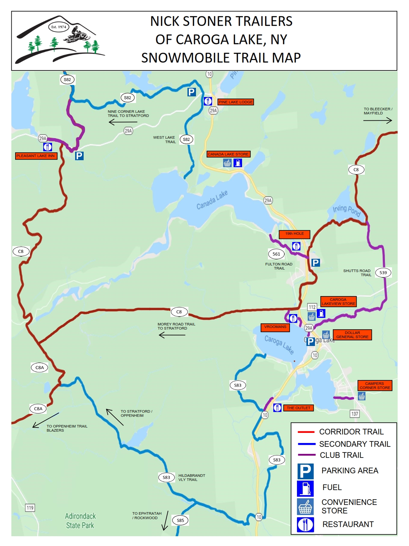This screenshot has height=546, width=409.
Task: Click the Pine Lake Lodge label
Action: tap(236, 102)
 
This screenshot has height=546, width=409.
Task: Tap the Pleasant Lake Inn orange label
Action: tap(36, 156)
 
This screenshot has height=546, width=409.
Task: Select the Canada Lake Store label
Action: tap(228, 154)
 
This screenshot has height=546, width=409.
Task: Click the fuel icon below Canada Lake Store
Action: tap(238, 163)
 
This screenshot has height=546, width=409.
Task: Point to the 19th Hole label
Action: tap(294, 234)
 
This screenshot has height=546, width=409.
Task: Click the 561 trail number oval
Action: tap(276, 254)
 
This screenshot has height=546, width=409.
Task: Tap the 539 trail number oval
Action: tap(383, 273)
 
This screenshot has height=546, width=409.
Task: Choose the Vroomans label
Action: tap(275, 327)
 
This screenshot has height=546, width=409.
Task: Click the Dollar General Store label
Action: tap(352, 335)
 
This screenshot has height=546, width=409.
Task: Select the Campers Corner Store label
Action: tap(375, 385)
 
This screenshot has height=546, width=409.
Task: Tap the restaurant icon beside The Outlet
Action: tap(277, 408)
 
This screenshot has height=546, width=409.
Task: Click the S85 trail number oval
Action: tap(180, 520)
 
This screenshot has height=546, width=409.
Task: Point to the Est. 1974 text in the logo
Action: tap(59, 27)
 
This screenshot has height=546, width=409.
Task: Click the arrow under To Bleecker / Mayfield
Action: tap(377, 120)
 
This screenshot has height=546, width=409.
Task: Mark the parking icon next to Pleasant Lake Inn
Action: tap(79, 156)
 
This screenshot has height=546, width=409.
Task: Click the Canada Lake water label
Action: tap(212, 200)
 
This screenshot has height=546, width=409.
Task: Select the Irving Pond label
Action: tap(347, 210)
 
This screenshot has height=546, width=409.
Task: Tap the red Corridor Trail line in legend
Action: tap(306, 432)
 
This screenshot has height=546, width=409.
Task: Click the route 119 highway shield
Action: tap(30, 508)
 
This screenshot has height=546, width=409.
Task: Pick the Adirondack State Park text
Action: tap(80, 521)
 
